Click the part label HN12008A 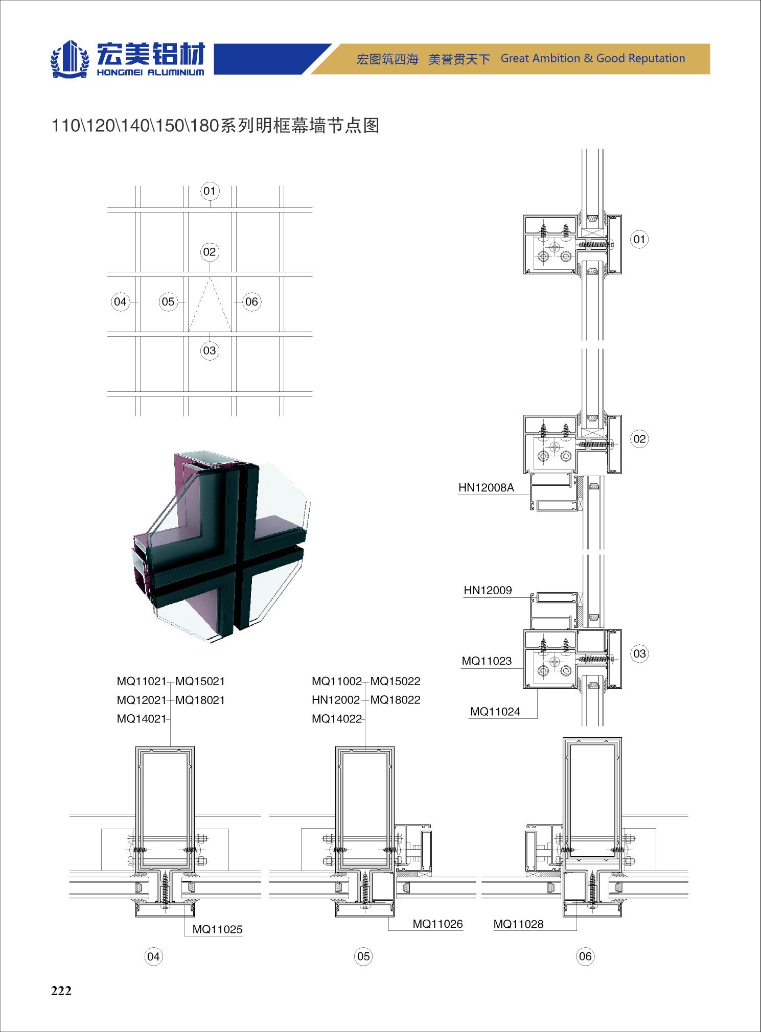pos(486,487)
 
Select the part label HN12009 pos(488,590)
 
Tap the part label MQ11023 pos(487,661)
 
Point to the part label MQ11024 pos(495,712)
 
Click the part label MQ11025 pos(217,929)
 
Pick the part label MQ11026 pos(437,924)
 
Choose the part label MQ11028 pos(518,924)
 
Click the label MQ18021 pos(200,700)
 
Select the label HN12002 pos(336,700)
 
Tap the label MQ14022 pos(337,719)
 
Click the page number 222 pos(61,991)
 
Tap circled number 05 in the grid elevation pos(168,302)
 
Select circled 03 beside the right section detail pos(639,653)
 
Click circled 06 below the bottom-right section pos(585,956)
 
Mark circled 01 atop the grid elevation pos(210,191)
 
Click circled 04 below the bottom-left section pos(153,956)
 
